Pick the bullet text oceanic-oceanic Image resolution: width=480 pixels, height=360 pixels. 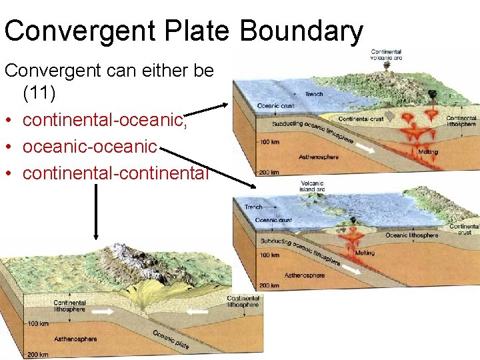tap(89, 146)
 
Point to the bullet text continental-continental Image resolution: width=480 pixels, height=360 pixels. tap(115, 173)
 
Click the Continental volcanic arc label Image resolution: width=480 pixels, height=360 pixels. tap(385, 55)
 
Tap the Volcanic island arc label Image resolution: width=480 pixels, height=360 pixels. tap(312, 185)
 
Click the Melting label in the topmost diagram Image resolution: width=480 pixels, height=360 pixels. tap(427, 152)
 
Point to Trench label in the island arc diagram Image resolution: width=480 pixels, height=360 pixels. tap(253, 207)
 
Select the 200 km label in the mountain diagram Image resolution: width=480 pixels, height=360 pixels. tap(38, 355)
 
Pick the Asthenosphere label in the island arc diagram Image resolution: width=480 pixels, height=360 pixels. tap(305, 275)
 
